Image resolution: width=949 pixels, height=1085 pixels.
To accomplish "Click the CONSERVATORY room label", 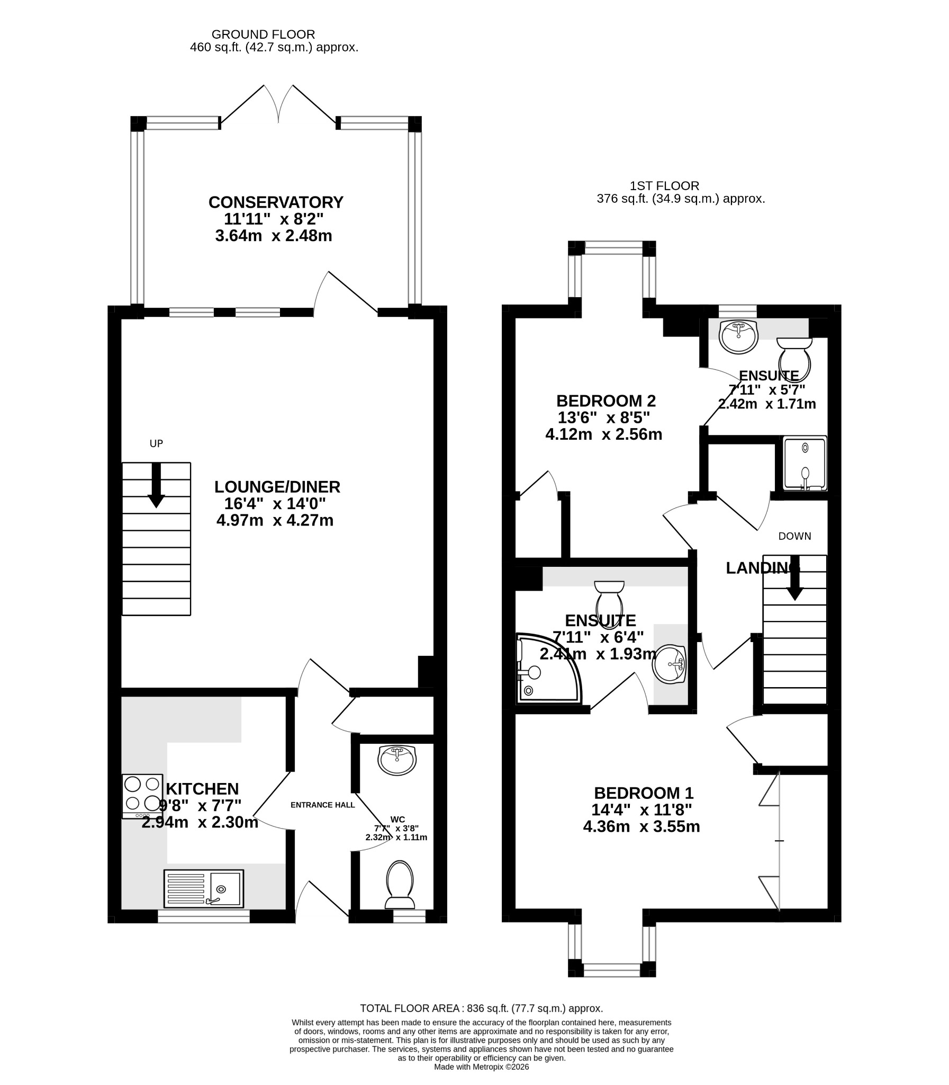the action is coord(276,202).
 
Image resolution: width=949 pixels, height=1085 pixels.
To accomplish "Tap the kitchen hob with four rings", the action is coord(142,797).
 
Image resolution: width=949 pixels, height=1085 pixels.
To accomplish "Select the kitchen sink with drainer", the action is coord(204,888).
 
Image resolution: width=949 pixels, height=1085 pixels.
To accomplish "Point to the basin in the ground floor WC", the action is coord(397,760).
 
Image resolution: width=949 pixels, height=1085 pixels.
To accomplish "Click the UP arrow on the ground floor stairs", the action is coord(156,485).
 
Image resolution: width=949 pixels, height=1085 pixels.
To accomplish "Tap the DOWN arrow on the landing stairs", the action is coord(794,578).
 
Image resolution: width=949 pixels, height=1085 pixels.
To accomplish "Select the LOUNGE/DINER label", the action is coord(277,487).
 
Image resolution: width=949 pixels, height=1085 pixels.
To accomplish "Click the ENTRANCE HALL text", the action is coord(322,805).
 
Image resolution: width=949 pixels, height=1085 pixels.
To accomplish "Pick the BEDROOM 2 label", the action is coord(606,401).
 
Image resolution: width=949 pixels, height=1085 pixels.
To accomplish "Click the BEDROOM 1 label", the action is coord(644,793).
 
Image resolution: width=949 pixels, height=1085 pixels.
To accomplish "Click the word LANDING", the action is coord(762,568).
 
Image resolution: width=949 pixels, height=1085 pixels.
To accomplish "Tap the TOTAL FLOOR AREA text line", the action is coord(482,1008).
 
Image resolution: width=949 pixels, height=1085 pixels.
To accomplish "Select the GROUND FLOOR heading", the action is coord(263,34).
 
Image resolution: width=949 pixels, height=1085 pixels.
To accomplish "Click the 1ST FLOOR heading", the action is coord(664,186).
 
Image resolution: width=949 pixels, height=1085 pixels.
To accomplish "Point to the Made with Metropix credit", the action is coord(482,1066).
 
